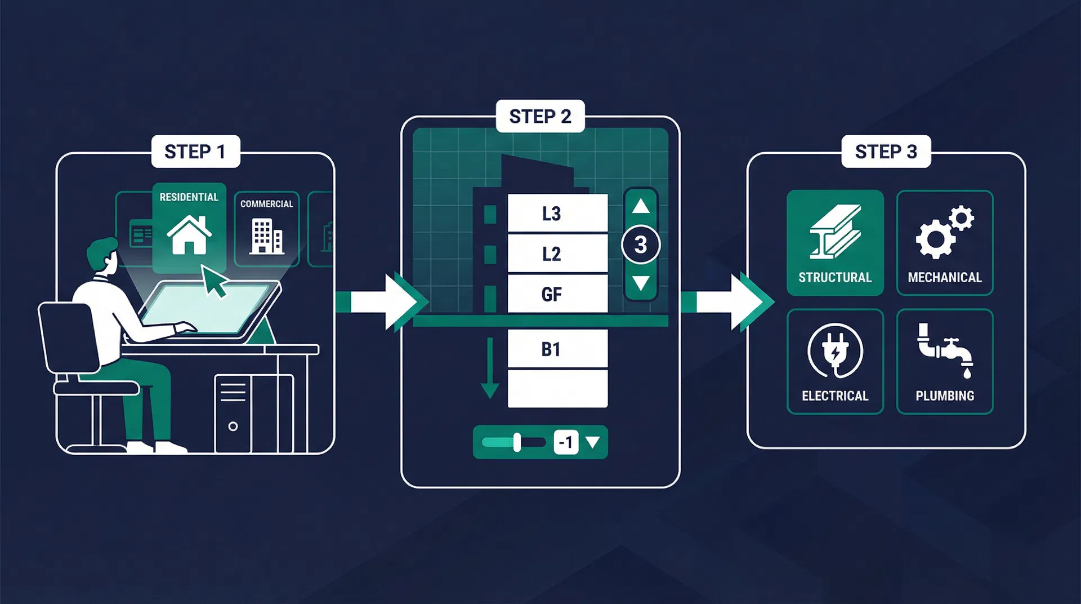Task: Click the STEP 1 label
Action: (x=195, y=152)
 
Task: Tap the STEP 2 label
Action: (x=540, y=117)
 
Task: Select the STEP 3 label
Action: (x=886, y=152)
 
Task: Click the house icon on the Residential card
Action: (x=189, y=235)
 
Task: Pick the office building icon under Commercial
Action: (x=266, y=236)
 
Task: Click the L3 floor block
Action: (x=557, y=214)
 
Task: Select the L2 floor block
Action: (x=557, y=254)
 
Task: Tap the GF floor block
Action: (x=557, y=294)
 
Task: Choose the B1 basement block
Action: (x=557, y=349)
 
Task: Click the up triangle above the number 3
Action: (x=641, y=206)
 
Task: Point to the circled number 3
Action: (x=641, y=245)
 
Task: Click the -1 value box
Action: (x=566, y=442)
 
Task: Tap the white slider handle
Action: (x=517, y=442)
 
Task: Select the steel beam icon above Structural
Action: (x=835, y=232)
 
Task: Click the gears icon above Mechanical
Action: (x=944, y=232)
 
